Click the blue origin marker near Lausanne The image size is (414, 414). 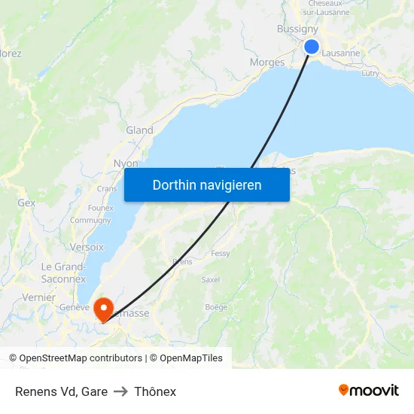(x=311, y=47)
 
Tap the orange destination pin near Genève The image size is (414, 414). (x=102, y=307)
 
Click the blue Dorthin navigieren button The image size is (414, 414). (x=207, y=184)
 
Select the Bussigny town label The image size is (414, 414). (x=297, y=29)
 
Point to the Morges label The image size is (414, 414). (x=267, y=62)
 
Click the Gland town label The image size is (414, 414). (x=139, y=130)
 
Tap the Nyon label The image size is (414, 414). (x=125, y=163)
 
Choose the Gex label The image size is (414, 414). (x=26, y=203)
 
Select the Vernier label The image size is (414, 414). (x=39, y=297)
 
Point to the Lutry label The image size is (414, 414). (x=370, y=73)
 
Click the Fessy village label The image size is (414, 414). (x=221, y=254)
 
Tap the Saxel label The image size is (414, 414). (x=211, y=279)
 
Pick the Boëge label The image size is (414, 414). (x=216, y=307)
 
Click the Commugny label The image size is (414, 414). (x=90, y=221)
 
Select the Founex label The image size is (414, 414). (x=101, y=208)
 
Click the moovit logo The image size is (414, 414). (x=369, y=390)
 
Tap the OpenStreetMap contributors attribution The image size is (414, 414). (x=75, y=358)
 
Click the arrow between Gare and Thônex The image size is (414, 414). (x=120, y=391)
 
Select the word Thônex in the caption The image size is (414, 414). (x=155, y=391)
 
